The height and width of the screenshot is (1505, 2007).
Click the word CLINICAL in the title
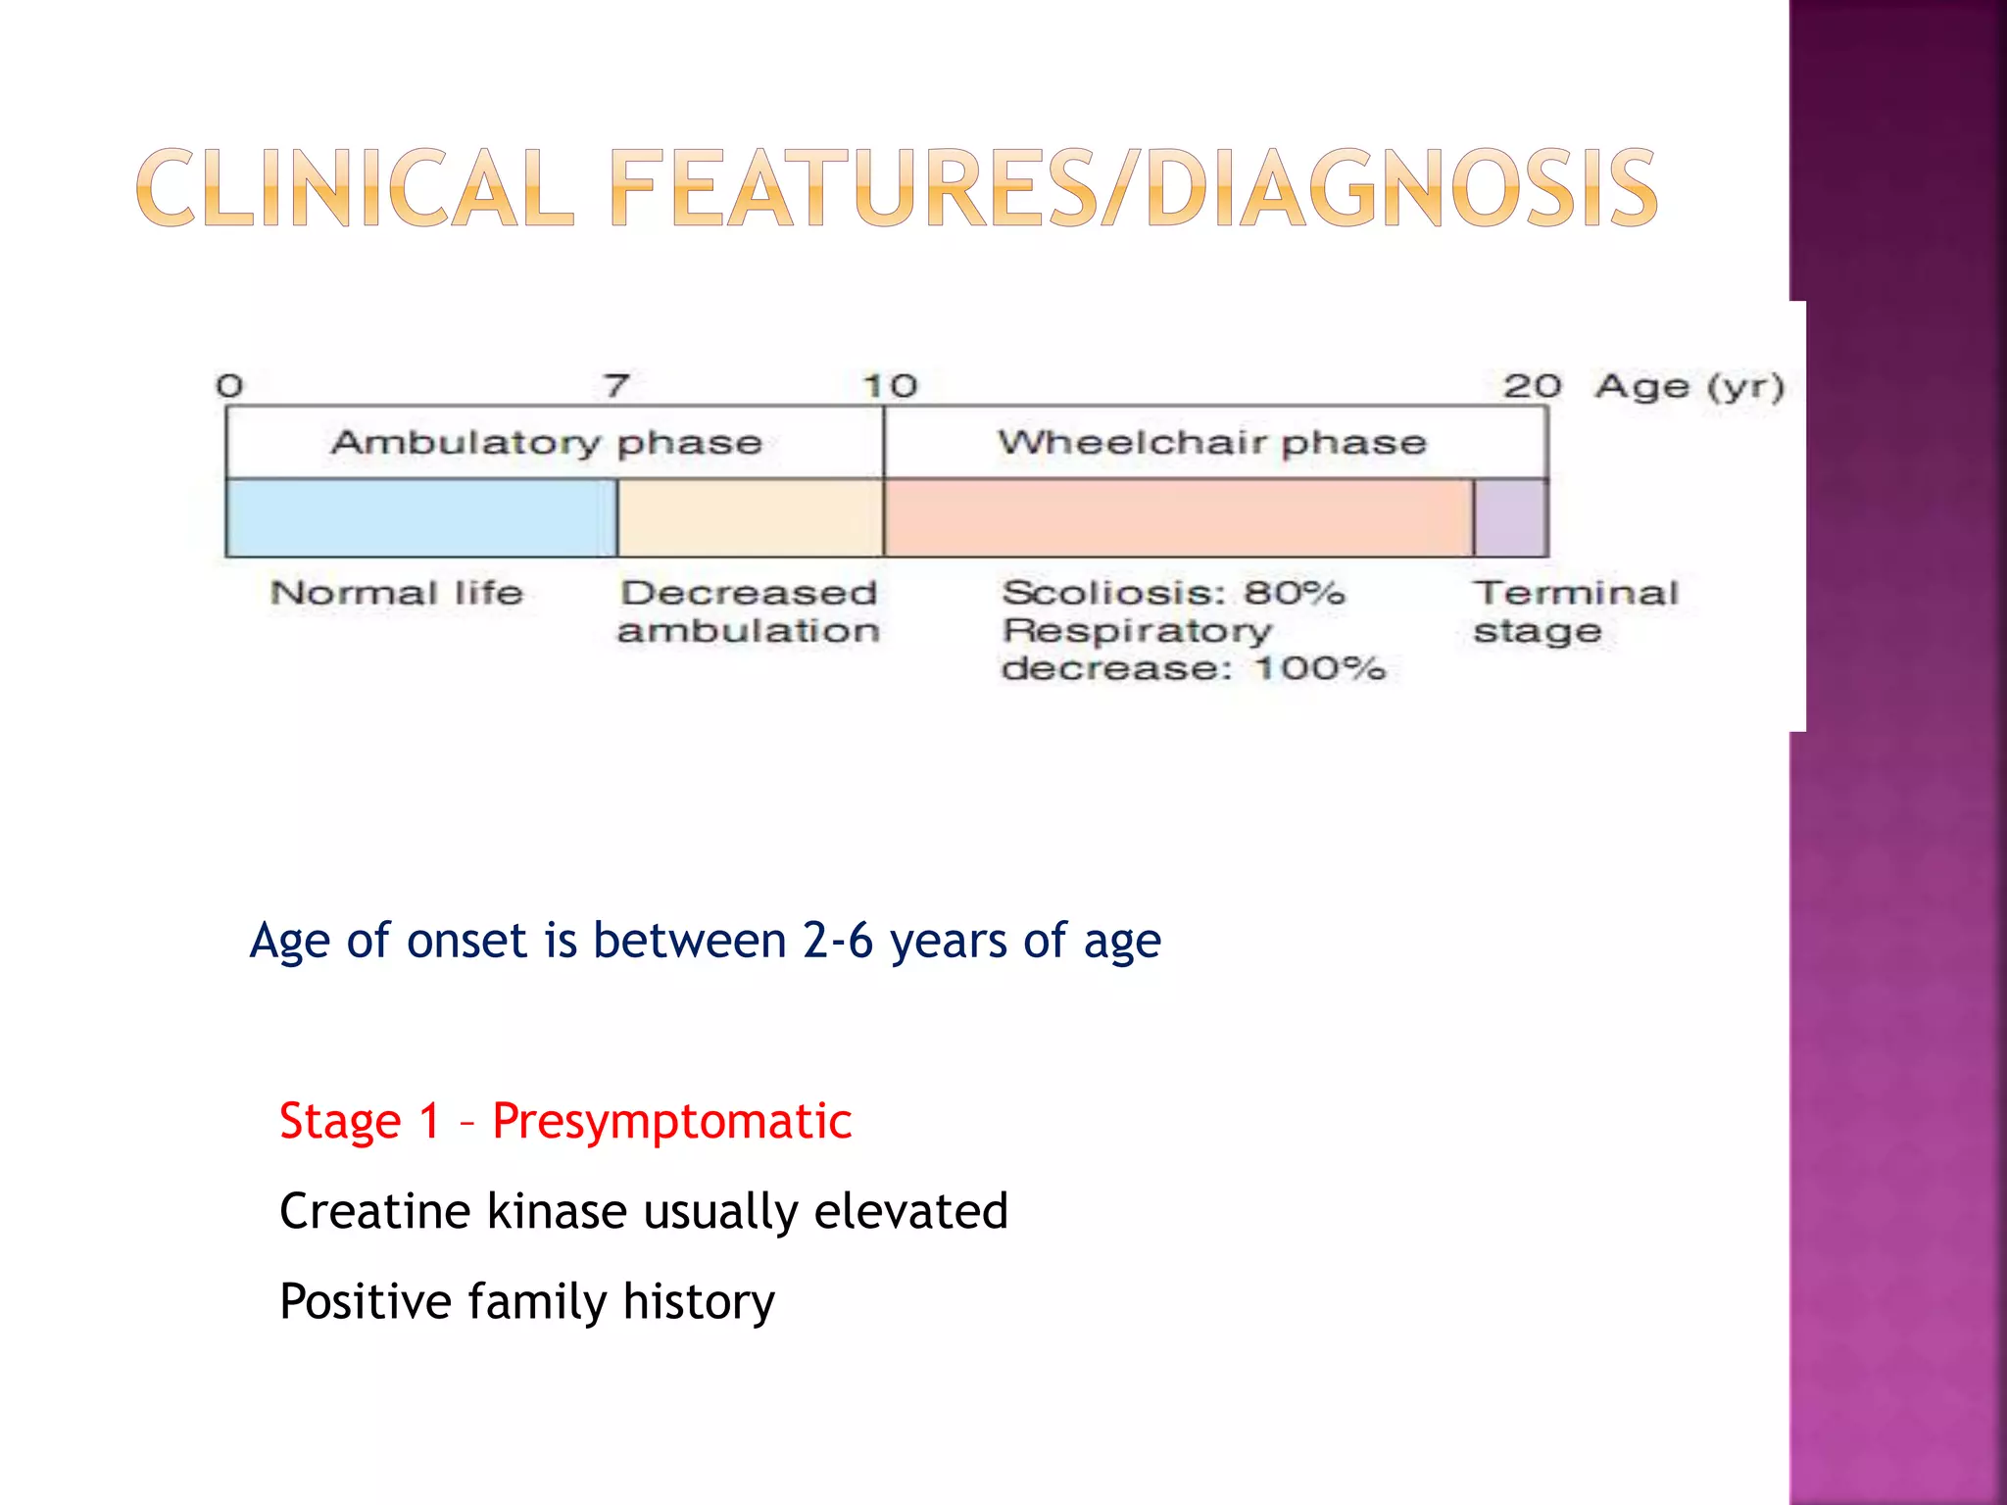[x=355, y=188]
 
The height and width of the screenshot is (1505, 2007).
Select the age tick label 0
[x=229, y=386]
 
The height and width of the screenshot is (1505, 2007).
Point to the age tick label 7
[x=616, y=386]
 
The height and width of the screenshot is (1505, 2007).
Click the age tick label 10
[x=890, y=386]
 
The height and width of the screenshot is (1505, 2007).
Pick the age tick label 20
[x=1532, y=386]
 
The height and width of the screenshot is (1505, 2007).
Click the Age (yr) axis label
[x=1689, y=386]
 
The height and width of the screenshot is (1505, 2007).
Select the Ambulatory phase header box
[x=555, y=443]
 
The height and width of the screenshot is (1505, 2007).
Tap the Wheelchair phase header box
[x=1214, y=443]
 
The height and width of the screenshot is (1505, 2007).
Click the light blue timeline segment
[x=421, y=518]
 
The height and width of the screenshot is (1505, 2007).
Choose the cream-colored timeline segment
[x=750, y=518]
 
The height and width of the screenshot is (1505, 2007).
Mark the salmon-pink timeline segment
[x=1178, y=518]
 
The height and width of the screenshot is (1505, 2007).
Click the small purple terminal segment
[x=1510, y=518]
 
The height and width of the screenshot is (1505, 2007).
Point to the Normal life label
[x=397, y=593]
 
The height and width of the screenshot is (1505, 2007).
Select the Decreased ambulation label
[x=749, y=611]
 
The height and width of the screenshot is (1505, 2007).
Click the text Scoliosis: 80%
[x=1173, y=593]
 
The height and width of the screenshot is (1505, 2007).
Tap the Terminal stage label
[x=1575, y=611]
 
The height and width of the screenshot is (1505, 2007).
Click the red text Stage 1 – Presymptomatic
[x=565, y=1121]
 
